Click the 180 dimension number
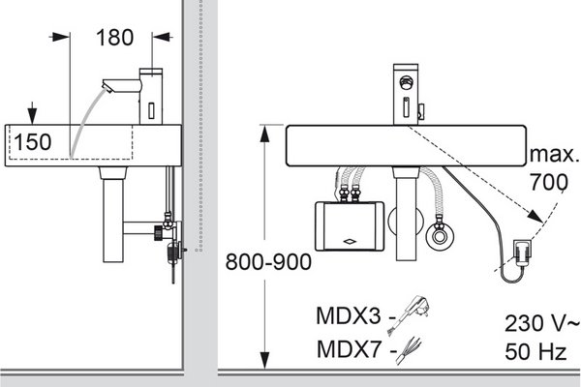114,38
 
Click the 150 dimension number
33,142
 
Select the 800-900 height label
268,262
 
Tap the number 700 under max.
548,182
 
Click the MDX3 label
349,316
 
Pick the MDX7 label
349,349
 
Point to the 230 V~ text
541,322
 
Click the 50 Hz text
535,351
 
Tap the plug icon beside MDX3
409,314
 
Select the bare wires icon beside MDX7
409,350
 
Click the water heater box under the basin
350,225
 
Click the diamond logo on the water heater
350,242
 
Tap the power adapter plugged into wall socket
522,253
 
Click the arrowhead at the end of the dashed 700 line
535,216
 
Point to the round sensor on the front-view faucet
406,81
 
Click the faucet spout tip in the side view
107,87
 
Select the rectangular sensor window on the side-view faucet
151,110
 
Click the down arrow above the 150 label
32,112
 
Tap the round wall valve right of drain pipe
440,236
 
